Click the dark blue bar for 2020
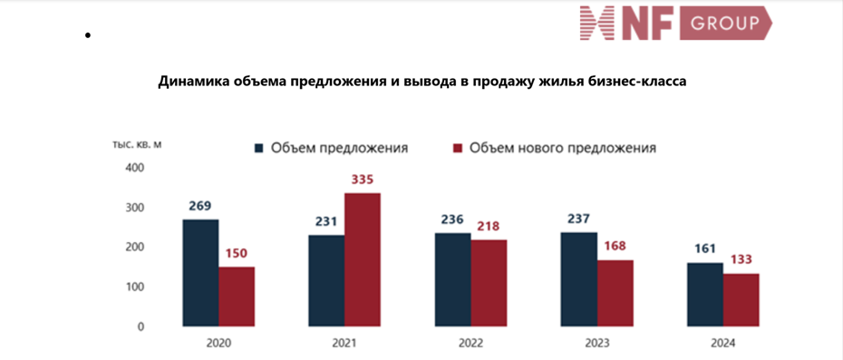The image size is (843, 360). (x=200, y=272)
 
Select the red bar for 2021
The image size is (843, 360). (x=362, y=259)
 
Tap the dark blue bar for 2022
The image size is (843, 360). (x=452, y=279)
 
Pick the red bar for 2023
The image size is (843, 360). (x=615, y=293)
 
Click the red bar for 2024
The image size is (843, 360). (x=741, y=299)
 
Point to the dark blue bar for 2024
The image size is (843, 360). (x=705, y=294)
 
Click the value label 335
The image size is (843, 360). (x=362, y=180)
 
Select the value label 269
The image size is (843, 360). (x=200, y=206)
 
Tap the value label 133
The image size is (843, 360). (x=741, y=259)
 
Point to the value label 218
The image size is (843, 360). (x=488, y=226)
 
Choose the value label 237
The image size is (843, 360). (x=579, y=219)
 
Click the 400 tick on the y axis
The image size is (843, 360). (x=134, y=168)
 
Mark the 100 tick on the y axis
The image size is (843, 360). (x=134, y=287)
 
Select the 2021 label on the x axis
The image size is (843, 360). (x=344, y=343)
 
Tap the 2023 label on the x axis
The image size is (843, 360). (x=596, y=343)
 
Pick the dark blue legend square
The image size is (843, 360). (x=258, y=148)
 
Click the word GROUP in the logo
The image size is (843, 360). (x=725, y=24)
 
